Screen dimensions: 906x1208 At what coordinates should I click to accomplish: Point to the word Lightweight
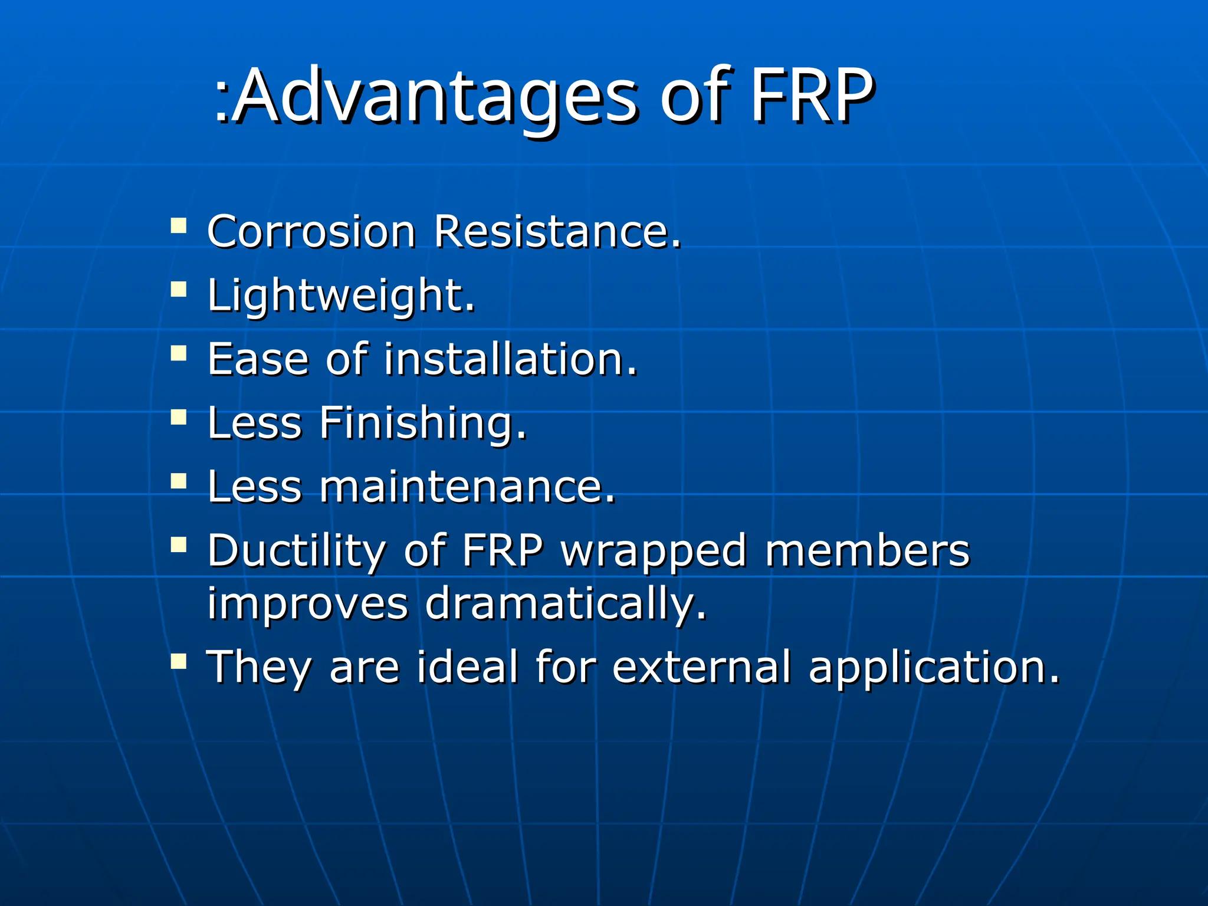(x=341, y=295)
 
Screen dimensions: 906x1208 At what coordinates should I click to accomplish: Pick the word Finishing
(x=423, y=423)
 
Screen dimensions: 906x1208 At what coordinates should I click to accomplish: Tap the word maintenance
(x=468, y=487)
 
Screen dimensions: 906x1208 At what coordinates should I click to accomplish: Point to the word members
(x=867, y=551)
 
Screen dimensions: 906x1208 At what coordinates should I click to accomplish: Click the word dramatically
(x=565, y=604)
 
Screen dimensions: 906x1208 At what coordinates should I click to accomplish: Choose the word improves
(x=307, y=604)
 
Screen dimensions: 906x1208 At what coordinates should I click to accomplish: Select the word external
(x=701, y=667)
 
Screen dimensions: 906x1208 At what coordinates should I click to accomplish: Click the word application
(x=934, y=668)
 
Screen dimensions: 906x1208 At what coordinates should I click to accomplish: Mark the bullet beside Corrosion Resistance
(x=179, y=226)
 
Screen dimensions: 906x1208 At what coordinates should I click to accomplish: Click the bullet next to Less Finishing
(x=179, y=418)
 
